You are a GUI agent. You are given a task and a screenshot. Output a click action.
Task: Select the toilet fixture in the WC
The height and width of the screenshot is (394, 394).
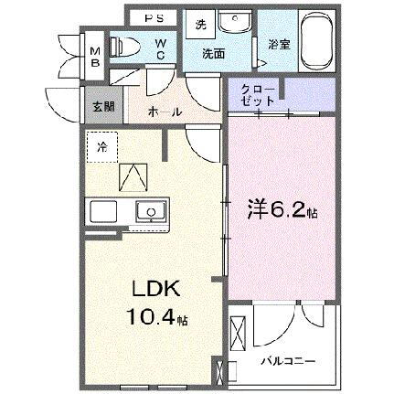[127, 43]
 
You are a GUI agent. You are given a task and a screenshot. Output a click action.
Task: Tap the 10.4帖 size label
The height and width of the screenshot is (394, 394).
[150, 322]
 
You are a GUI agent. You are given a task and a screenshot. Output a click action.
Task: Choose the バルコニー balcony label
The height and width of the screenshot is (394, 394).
[292, 361]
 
